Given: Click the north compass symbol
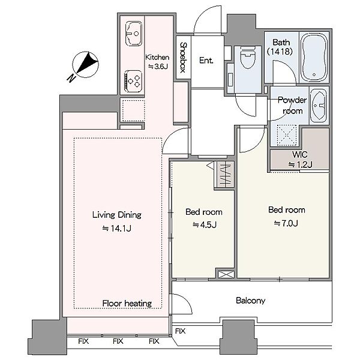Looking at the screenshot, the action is pos(85,64).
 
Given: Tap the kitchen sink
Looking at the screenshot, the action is pos(133,34).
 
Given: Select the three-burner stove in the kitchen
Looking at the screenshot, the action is pos(133,81).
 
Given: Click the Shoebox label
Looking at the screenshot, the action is pos(183,57).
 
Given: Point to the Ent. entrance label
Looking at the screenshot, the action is pos(206,61).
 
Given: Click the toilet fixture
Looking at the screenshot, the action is pos(248,57).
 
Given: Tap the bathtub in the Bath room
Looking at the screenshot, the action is pos(314,57).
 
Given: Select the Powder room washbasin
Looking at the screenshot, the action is pos(318,106).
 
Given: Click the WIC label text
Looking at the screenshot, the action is pos(299,155).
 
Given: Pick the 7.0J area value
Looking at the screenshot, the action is pos(286,223).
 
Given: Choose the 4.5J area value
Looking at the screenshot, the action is pos(205,225).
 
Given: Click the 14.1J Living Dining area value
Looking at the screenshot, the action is pos(116,229).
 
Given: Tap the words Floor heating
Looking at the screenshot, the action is pos(127,304).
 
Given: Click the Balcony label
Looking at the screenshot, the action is pos(250,301).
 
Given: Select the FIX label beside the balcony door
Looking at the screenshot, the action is pos(180,331).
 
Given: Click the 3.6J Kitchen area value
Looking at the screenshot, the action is pos(158,67).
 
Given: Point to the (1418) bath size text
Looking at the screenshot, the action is pos(280,51).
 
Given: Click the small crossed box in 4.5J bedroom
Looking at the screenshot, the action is pos(226,275).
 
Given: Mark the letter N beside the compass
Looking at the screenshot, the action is pos(71,78).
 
